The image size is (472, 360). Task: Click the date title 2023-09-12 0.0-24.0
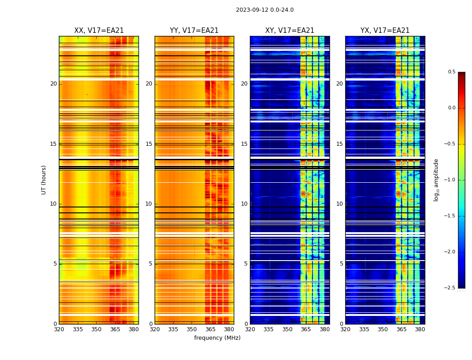[x=264, y=10]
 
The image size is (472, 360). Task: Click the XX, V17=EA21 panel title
[x=99, y=31]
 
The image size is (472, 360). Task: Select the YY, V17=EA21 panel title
[x=194, y=31]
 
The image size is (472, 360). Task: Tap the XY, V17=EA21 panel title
[x=289, y=31]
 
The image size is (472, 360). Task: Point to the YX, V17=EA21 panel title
[x=385, y=31]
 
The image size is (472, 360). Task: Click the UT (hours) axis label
[x=44, y=180]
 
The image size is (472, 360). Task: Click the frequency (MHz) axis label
[x=217, y=338]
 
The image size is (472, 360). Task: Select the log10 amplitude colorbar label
[x=436, y=180]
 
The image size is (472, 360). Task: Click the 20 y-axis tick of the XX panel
[x=53, y=84]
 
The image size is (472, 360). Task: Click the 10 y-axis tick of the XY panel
[x=244, y=204]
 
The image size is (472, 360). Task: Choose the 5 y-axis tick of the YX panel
[x=341, y=264]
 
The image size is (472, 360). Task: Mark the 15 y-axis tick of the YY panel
[x=149, y=144]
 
